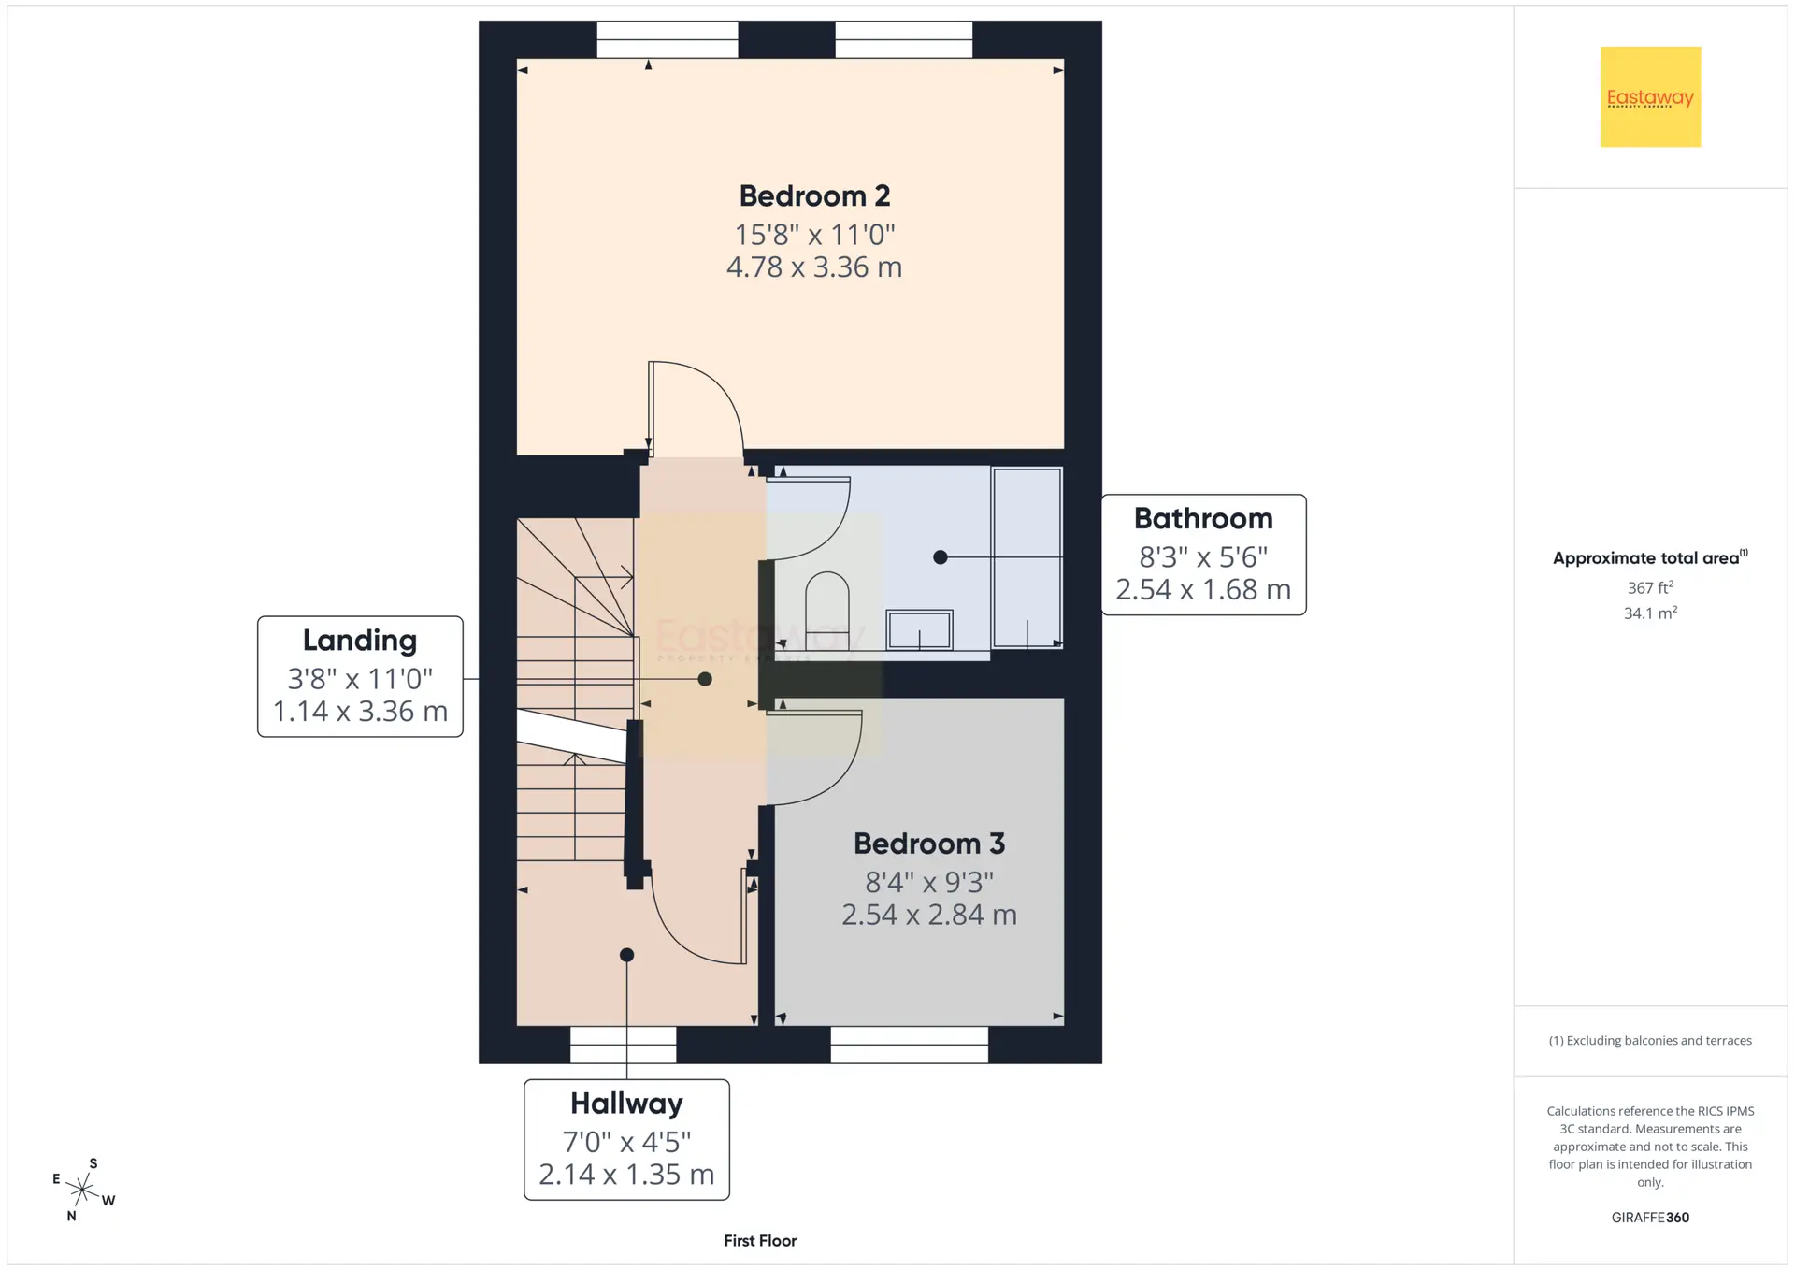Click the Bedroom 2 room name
814,196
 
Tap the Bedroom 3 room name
929,844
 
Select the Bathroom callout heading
1203,518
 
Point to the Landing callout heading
360,641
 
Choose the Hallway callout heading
626,1104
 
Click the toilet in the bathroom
826,610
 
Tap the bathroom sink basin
919,629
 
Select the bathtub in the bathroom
1027,558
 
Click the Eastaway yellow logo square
1650,96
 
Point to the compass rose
83,1190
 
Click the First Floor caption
760,1241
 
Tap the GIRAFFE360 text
1650,1218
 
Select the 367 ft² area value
1650,587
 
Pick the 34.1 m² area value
1650,613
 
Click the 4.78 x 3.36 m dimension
814,267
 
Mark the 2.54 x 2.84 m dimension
929,915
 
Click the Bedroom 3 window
909,1045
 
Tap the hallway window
623,1045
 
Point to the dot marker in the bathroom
941,557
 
